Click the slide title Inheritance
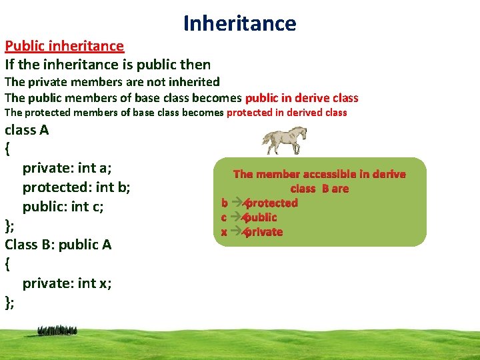click(x=239, y=23)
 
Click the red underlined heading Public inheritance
click(x=64, y=46)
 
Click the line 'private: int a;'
click(x=67, y=168)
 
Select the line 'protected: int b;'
click(x=76, y=187)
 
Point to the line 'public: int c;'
click(x=63, y=206)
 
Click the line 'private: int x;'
click(x=67, y=283)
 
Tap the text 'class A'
click(x=27, y=130)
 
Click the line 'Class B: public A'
click(x=58, y=245)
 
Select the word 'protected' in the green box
click(x=271, y=203)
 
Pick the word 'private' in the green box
click(x=263, y=232)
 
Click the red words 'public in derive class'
click(x=301, y=98)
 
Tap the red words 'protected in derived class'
click(x=287, y=113)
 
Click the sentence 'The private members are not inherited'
click(x=112, y=82)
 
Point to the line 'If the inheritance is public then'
click(x=107, y=65)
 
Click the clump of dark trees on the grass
click(x=57, y=330)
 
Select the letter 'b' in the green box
click(x=225, y=203)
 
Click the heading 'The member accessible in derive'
click(x=319, y=174)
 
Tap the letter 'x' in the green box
click(x=225, y=232)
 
